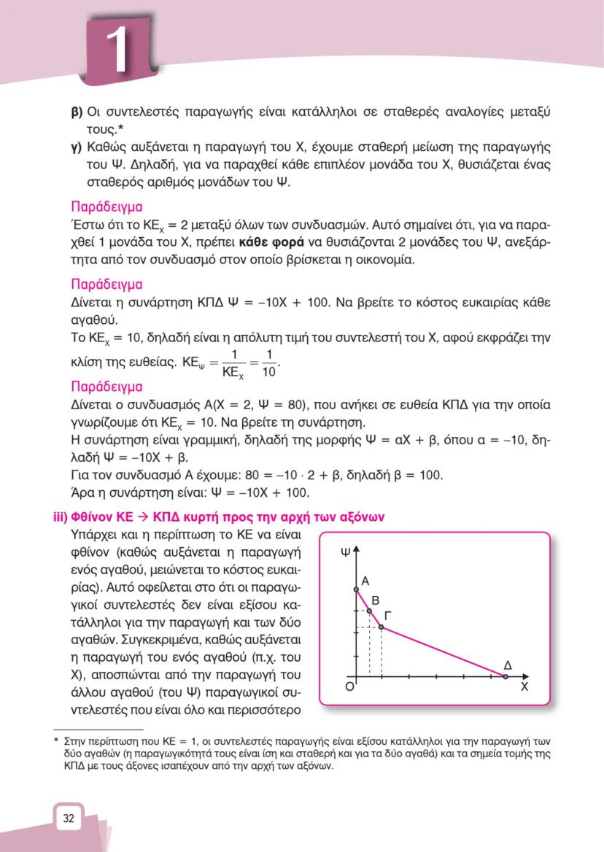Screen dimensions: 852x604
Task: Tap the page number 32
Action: [x=69, y=818]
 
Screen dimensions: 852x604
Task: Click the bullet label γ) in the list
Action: [x=76, y=149]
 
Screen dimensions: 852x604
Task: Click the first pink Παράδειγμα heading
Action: [x=106, y=206]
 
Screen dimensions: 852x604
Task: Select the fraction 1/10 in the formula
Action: [x=269, y=363]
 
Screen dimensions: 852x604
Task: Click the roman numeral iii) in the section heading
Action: [x=59, y=516]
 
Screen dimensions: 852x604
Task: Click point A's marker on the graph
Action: [x=355, y=589]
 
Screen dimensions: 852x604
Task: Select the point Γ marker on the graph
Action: [x=382, y=627]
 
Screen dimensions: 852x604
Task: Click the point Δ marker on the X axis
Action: [x=507, y=678]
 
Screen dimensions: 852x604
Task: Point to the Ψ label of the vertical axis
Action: [x=345, y=553]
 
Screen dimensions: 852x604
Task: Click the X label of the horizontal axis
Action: [x=524, y=687]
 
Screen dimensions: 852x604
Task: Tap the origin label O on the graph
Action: [x=349, y=686]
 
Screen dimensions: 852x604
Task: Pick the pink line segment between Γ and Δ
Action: [x=445, y=653]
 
